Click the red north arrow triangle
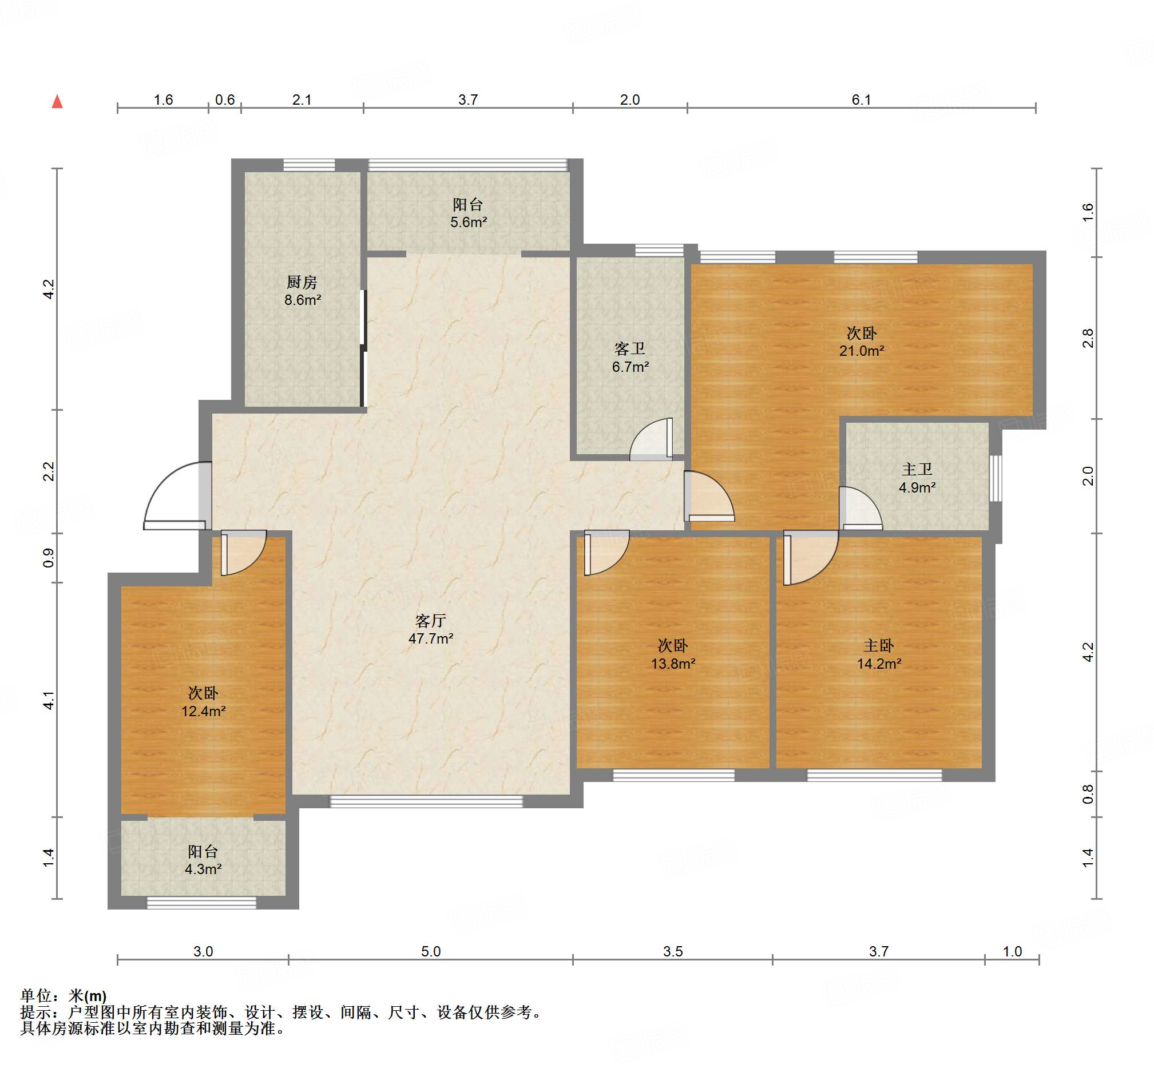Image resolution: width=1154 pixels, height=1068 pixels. pos(57,102)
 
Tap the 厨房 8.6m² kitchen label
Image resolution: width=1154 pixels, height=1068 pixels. pos(302,291)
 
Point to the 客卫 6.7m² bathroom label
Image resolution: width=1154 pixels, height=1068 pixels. pos(630,358)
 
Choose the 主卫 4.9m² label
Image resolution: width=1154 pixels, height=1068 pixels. pos(917,479)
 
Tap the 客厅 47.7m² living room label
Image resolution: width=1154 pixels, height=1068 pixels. pos(430,630)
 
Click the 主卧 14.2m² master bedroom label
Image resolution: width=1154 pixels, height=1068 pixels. pos(879,655)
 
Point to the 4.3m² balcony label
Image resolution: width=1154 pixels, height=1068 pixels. pos(204,860)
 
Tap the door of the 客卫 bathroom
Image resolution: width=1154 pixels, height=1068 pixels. pos(651,439)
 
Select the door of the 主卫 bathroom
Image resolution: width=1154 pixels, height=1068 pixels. pos(860,508)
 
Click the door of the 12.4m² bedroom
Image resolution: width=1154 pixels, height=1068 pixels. pos(243,553)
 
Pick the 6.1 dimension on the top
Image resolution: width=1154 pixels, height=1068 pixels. pos(861,100)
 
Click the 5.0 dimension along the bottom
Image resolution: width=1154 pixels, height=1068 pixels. pos(430,951)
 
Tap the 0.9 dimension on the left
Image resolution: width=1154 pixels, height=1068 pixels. pos(49,558)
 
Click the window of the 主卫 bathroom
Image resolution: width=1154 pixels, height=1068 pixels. pos(995,479)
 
